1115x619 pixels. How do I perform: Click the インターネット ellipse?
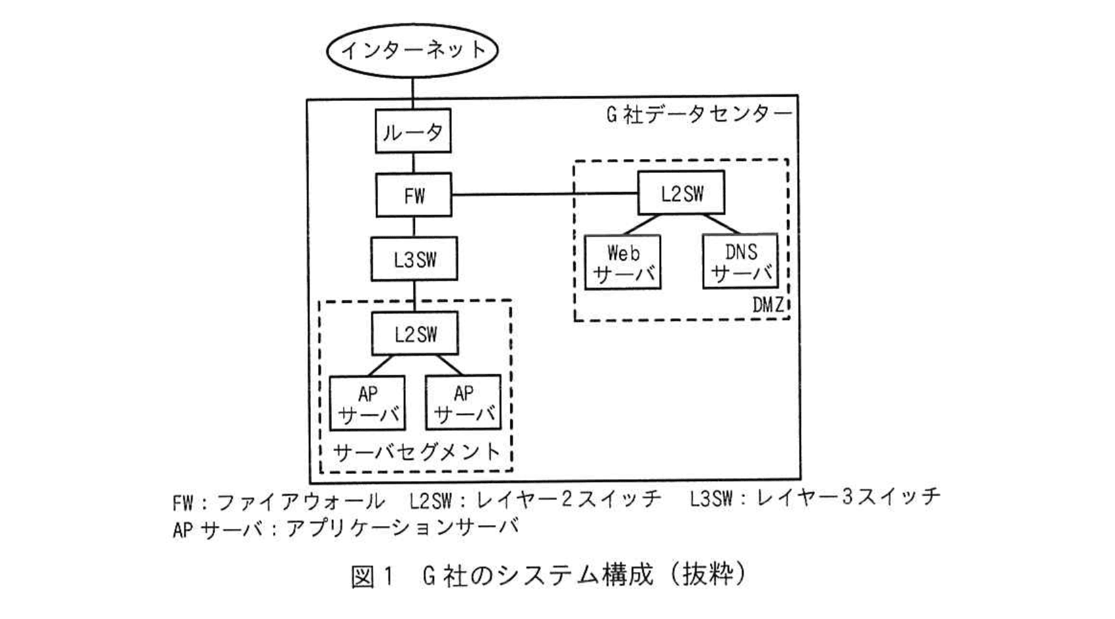tap(412, 50)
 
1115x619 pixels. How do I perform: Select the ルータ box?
tap(413, 132)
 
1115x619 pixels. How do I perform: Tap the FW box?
tap(414, 195)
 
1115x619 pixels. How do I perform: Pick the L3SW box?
tap(414, 259)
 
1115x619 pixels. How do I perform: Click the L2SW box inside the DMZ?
tap(682, 193)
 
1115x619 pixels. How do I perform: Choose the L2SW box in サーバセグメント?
tap(415, 334)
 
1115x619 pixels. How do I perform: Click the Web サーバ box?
tap(623, 263)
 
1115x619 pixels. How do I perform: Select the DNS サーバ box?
tap(740, 261)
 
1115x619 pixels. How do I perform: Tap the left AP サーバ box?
tap(367, 403)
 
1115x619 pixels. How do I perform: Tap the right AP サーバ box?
tap(463, 403)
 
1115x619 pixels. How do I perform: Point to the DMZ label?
tap(768, 306)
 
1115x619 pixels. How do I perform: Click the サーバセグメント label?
tap(416, 453)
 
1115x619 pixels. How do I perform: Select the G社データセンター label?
tap(698, 115)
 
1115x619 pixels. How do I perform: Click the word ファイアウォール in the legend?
tap(300, 502)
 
